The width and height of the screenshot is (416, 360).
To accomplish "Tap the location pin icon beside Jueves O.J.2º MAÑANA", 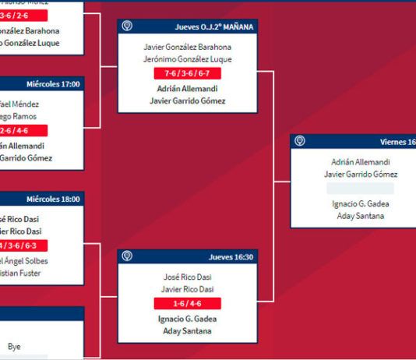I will (126, 26).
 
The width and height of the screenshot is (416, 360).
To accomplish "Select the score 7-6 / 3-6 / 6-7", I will (187, 73).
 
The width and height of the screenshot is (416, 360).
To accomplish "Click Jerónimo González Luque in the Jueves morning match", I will (187, 59).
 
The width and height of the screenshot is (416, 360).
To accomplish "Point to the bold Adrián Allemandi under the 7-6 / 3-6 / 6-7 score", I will (187, 88).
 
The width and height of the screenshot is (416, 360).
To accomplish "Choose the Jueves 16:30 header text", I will (231, 256).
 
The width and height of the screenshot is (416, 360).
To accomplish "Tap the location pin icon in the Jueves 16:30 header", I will (126, 256).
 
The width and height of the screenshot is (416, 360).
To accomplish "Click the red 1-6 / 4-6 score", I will (187, 303).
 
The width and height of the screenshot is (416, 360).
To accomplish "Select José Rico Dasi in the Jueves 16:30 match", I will (187, 277).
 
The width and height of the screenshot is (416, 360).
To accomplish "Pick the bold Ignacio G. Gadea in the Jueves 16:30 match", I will (187, 318).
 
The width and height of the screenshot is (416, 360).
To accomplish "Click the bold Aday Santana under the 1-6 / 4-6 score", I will (187, 331).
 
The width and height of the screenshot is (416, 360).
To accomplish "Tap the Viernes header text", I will (397, 142).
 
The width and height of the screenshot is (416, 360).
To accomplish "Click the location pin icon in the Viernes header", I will (300, 142).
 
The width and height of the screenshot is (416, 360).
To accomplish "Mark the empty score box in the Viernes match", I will (359, 189).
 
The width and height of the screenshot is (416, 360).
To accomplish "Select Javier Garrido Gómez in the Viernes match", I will (359, 175).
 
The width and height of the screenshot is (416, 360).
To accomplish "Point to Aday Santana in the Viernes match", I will (359, 216).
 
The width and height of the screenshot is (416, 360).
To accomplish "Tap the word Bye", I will (15, 346).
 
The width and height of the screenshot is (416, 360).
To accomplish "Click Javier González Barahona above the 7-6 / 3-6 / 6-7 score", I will (187, 47).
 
